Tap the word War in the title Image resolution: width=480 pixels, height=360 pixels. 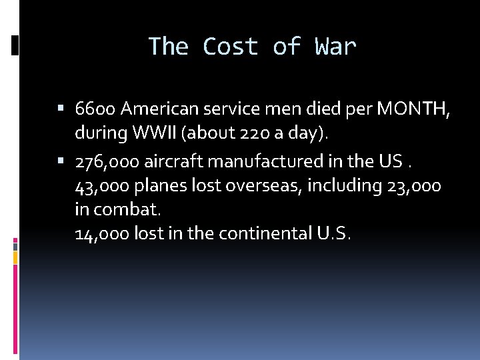336,47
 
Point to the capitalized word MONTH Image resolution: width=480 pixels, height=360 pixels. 411,109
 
